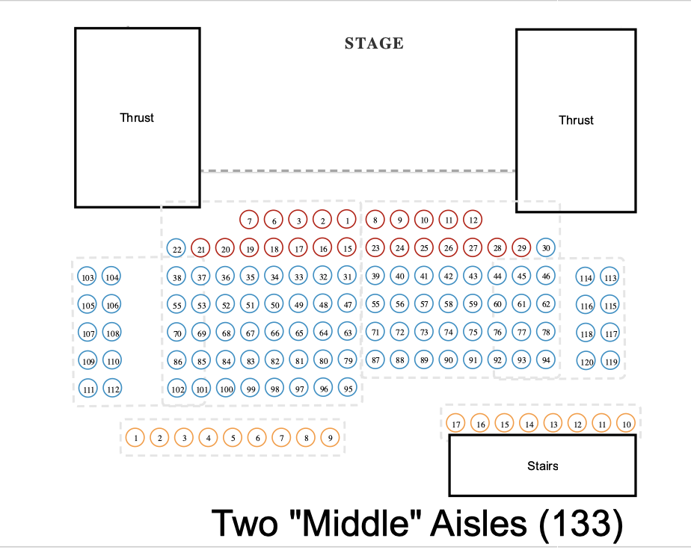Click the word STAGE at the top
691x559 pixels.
coord(374,43)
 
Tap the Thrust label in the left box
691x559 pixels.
coord(137,117)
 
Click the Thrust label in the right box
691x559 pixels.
coord(576,120)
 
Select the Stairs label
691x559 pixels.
coord(542,466)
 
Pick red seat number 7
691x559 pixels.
coord(250,220)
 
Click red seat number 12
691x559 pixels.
coord(472,220)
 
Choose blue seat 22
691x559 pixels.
coord(176,249)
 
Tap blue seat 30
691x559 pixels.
coord(547,248)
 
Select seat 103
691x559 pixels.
coord(87,277)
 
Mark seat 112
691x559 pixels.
coord(112,389)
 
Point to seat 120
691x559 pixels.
coord(587,362)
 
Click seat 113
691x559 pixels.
coord(610,278)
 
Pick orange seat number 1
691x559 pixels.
coord(135,438)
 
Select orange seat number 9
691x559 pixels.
coord(330,438)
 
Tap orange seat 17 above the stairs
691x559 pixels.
coord(456,424)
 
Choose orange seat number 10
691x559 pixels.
coord(627,424)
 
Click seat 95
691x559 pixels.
coord(347,389)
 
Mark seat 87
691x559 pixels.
coord(376,360)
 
